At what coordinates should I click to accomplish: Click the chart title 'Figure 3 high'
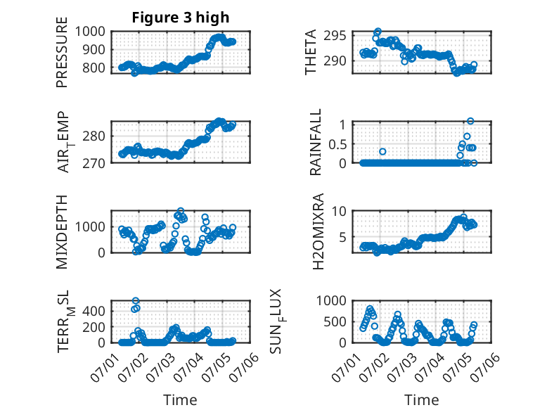[181, 18]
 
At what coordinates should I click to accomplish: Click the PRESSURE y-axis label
[62, 56]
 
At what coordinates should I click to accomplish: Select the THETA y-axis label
[310, 52]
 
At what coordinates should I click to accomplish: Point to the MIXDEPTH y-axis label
[62, 231]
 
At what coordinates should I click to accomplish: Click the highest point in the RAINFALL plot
[470, 121]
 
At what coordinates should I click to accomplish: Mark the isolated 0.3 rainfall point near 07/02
[382, 151]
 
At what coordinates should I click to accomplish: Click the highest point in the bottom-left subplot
[136, 301]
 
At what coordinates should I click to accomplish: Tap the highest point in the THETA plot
[378, 32]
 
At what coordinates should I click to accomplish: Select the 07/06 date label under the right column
[481, 367]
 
